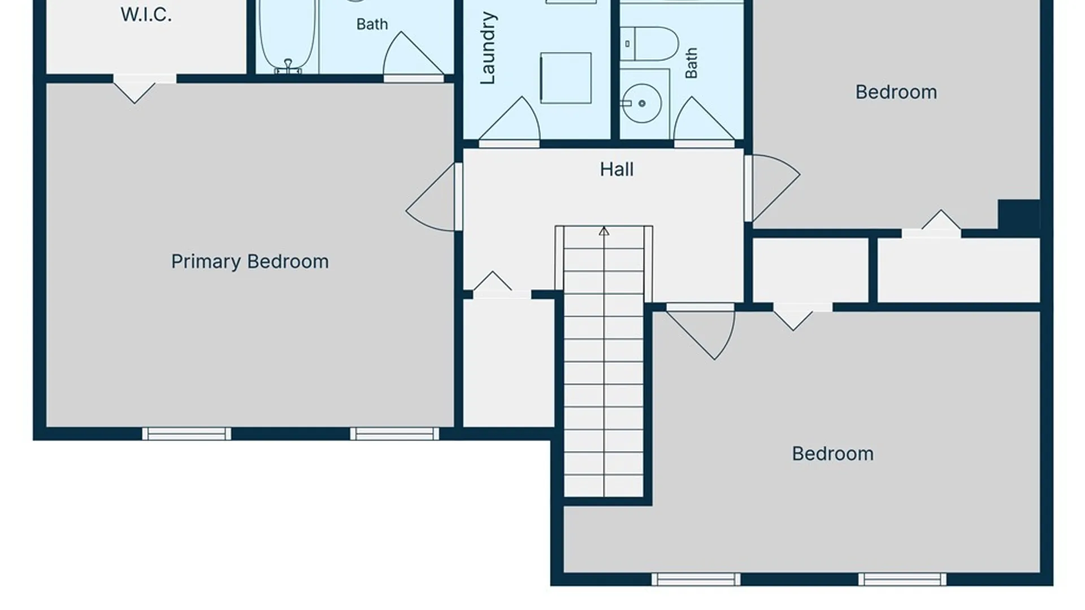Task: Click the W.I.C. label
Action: (146, 15)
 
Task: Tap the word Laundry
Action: (487, 49)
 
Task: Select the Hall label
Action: (617, 169)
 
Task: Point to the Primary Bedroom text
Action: (250, 262)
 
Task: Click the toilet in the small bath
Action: (649, 43)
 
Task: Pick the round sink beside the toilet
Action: (642, 103)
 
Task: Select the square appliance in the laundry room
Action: (566, 78)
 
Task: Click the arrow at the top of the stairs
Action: (604, 231)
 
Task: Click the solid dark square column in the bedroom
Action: (1019, 217)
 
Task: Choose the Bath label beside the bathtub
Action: (372, 24)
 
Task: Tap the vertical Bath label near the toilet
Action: (691, 63)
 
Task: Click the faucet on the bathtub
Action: (288, 67)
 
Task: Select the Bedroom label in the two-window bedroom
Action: (832, 454)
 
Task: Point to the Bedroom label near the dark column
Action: (896, 92)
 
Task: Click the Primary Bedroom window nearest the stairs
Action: (394, 434)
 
